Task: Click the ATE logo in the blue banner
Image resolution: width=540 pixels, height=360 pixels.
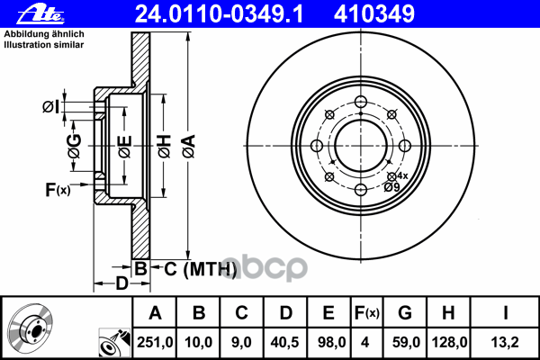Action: [40, 14]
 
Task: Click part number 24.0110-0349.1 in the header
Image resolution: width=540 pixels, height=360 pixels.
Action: [219, 14]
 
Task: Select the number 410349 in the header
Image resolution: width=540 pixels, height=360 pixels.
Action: [374, 14]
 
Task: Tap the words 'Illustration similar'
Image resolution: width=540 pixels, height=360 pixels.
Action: [44, 45]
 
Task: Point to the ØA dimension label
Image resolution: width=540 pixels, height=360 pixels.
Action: [189, 147]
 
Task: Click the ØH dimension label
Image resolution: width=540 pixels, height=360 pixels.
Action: [165, 147]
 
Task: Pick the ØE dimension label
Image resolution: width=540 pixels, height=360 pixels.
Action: [125, 147]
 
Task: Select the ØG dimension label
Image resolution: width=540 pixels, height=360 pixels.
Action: [75, 146]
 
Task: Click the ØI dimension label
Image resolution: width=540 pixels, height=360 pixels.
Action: [50, 107]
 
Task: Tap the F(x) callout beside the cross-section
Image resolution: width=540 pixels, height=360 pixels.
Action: [58, 190]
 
